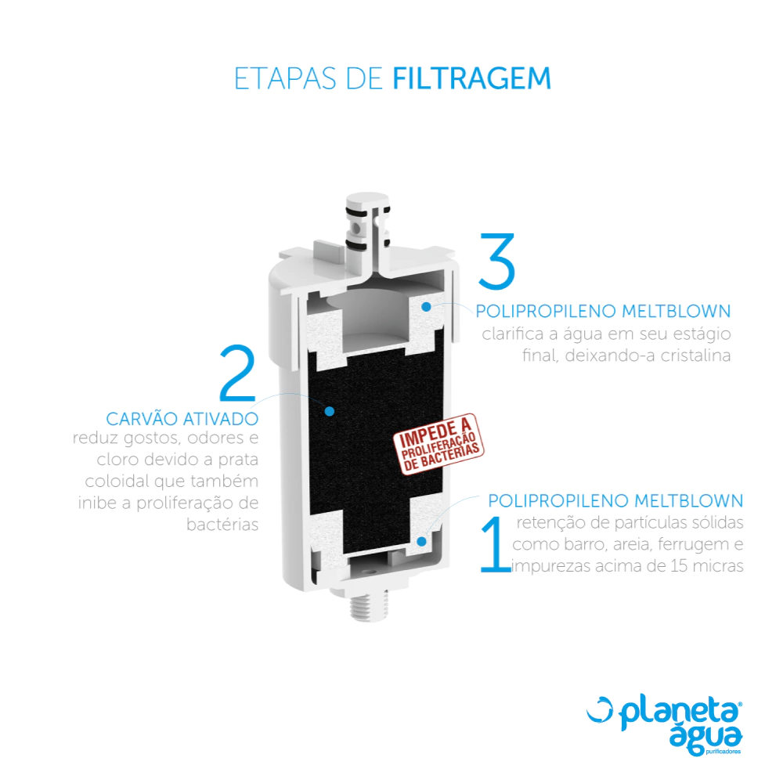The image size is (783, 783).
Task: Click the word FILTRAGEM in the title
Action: [x=472, y=78]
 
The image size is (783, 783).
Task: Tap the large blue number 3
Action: [x=496, y=262]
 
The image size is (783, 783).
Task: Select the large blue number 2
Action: [x=238, y=373]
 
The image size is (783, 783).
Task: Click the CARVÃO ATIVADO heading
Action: [x=182, y=418]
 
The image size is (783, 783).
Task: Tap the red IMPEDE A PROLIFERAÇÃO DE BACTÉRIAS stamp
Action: [x=438, y=443]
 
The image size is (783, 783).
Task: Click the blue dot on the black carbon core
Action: [x=330, y=412]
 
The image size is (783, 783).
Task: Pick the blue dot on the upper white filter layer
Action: [x=426, y=307]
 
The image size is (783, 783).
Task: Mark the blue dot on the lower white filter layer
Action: [x=422, y=541]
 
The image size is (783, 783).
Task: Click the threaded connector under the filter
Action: [x=369, y=604]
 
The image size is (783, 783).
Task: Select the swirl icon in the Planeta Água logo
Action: [x=599, y=709]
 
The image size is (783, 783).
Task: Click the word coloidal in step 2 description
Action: [x=117, y=481]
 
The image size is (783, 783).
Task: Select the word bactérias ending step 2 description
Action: [x=222, y=525]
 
